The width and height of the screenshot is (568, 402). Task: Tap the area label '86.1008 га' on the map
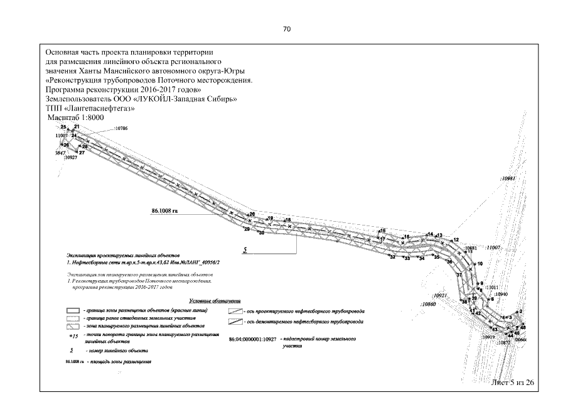pyautogui.click(x=165, y=211)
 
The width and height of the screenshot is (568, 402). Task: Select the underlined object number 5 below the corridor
pyautogui.click(x=246, y=249)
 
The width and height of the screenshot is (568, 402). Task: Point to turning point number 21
pyautogui.click(x=77, y=127)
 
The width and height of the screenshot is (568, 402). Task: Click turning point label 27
pyautogui.click(x=82, y=153)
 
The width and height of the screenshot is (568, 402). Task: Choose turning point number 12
pyautogui.click(x=456, y=240)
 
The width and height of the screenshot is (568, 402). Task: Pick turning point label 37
pyautogui.click(x=459, y=275)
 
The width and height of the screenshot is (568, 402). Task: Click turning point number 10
pyautogui.click(x=480, y=264)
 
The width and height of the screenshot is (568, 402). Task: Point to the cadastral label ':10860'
pyautogui.click(x=429, y=303)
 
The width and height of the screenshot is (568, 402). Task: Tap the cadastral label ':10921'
pyautogui.click(x=439, y=295)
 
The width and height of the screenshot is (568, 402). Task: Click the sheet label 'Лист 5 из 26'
pyautogui.click(x=513, y=382)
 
